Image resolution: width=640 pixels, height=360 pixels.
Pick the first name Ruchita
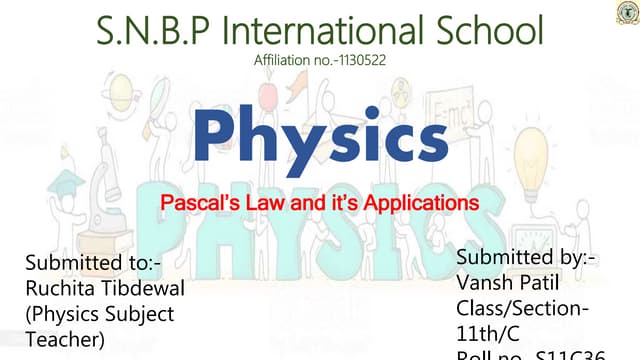60,289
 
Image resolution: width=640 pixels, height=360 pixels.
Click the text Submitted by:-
526,257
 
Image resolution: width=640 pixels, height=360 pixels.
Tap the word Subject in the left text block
140,314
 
